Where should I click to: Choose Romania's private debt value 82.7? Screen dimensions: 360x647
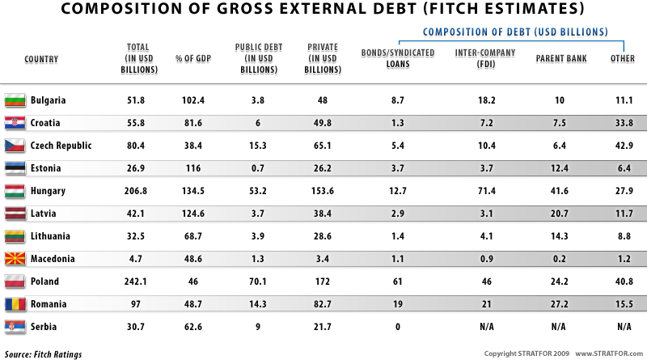316,304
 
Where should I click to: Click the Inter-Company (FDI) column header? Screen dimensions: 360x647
481,59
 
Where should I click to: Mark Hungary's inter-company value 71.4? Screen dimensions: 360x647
481,191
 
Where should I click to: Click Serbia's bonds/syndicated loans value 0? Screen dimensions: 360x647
397,327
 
